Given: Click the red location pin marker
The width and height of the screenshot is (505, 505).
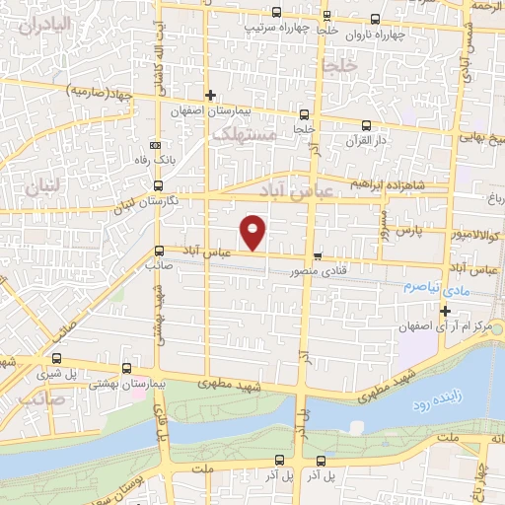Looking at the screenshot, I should pos(254,232).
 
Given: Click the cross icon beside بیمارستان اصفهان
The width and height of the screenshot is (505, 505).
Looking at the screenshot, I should pos(209,95).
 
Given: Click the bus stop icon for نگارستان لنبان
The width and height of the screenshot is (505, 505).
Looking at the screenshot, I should pos(159,184).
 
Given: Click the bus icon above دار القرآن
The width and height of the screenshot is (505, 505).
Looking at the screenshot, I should pos(367,125).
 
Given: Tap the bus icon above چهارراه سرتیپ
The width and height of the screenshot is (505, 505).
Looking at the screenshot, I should pos(275,14).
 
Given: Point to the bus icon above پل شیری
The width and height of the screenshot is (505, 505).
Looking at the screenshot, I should pos(57,359).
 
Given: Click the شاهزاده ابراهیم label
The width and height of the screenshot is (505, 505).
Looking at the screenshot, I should pos(391,184).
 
